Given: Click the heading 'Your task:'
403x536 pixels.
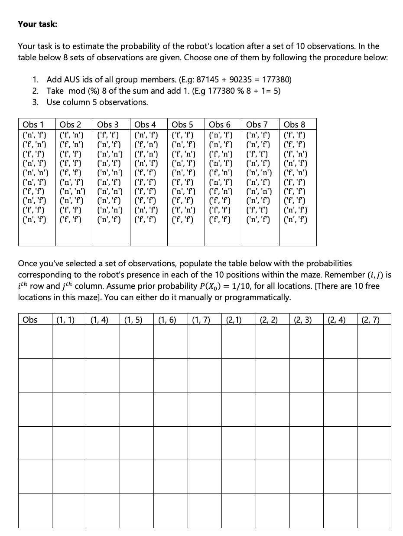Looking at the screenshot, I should coord(37,24).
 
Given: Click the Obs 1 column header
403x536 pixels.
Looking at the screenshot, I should coord(33,124).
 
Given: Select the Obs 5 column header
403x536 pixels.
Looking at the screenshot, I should coord(182,124).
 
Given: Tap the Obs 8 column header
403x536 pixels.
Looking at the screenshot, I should coord(294,124).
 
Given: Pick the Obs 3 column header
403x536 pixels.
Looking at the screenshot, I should coord(108,124).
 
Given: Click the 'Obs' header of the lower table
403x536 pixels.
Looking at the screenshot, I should coord(30,320).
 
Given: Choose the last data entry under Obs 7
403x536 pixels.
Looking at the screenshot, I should coord(258,219).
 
